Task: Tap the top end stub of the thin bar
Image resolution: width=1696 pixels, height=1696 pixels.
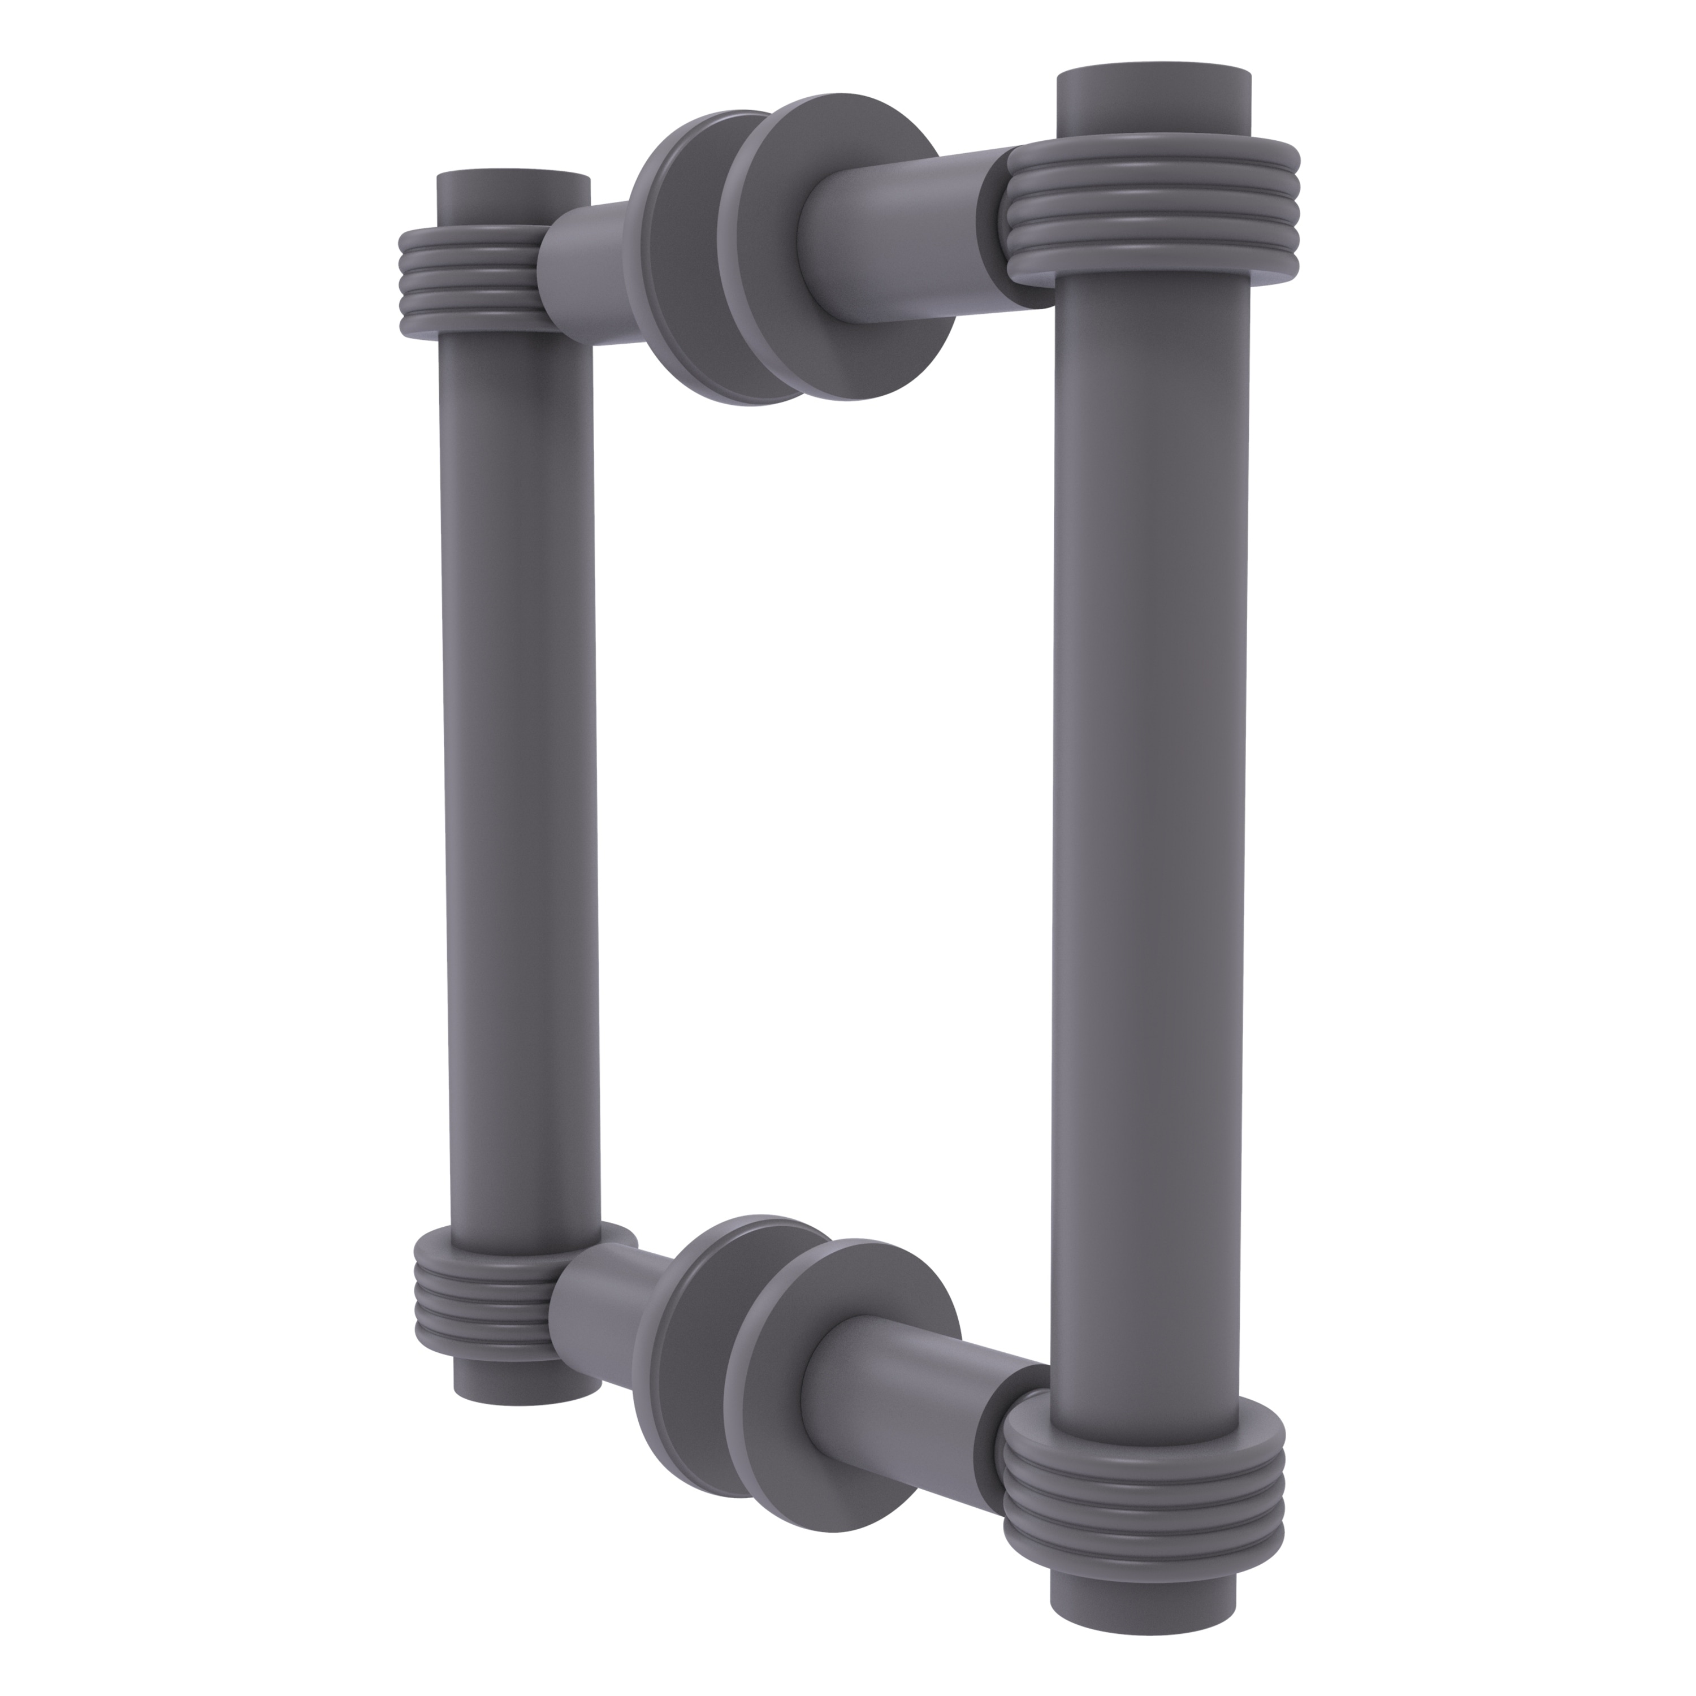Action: tap(513, 200)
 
